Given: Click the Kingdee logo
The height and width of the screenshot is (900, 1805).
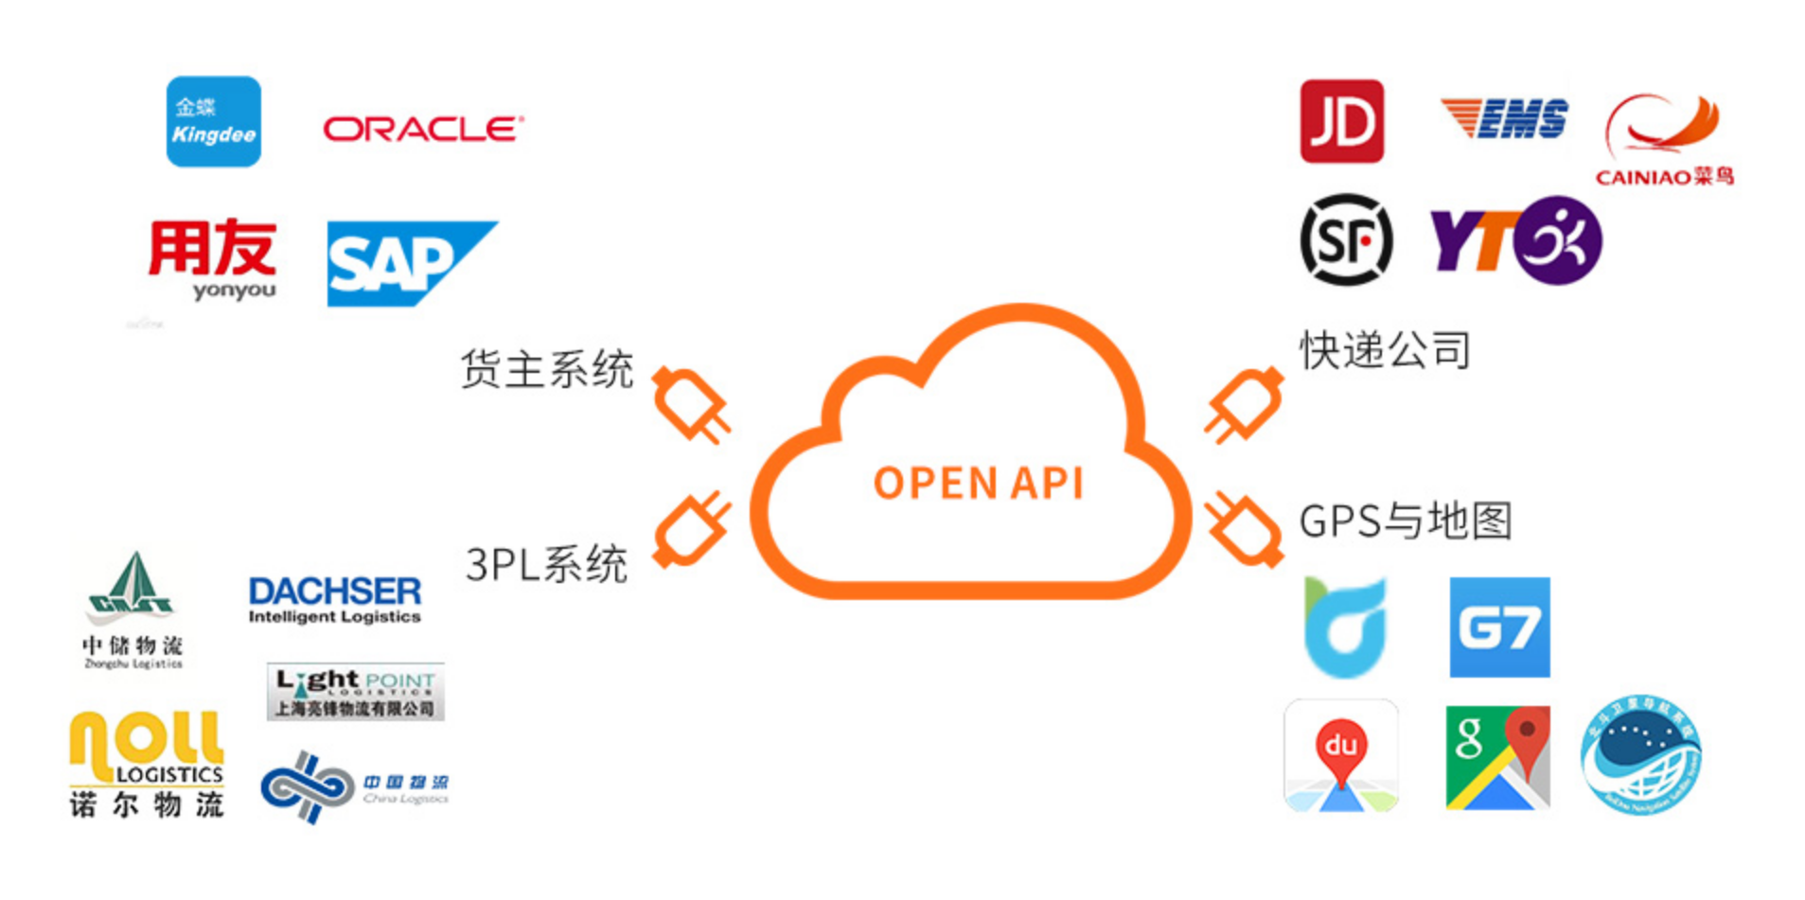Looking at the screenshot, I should [213, 122].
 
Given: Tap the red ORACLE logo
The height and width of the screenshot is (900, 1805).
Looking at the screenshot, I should [422, 129].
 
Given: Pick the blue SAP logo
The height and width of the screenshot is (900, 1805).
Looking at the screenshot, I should [407, 263].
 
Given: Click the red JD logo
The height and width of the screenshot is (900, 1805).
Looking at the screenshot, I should [1341, 121].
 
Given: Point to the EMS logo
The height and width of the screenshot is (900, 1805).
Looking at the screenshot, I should [1504, 119].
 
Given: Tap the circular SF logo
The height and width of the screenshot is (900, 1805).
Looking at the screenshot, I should [1345, 239].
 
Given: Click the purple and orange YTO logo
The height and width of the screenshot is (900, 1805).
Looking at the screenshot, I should [1515, 240].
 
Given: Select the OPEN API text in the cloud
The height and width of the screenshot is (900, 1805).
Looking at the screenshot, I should [978, 483].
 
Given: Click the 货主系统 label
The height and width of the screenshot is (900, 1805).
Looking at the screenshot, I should [546, 369].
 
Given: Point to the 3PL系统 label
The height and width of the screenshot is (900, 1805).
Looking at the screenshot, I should [546, 565].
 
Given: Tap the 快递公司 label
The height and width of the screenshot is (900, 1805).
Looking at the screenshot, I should [1385, 351].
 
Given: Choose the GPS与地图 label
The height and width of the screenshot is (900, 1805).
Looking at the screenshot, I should [1406, 521].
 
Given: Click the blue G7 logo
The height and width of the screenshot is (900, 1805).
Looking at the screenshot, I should [1499, 627].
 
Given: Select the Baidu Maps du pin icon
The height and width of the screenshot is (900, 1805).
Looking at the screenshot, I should [1340, 756].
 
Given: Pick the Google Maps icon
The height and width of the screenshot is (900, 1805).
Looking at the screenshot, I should [1497, 757].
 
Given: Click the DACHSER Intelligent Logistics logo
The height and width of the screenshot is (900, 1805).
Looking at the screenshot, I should [334, 600].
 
